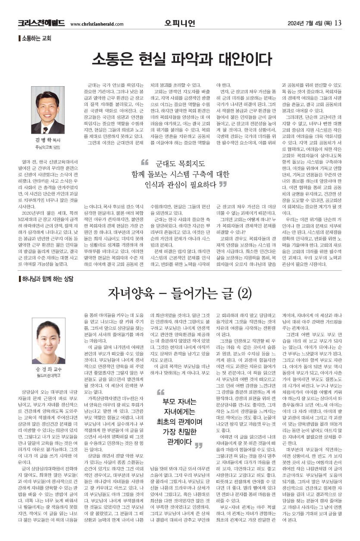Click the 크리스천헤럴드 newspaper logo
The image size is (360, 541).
[x=41, y=23]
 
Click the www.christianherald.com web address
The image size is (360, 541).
[x=97, y=24]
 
